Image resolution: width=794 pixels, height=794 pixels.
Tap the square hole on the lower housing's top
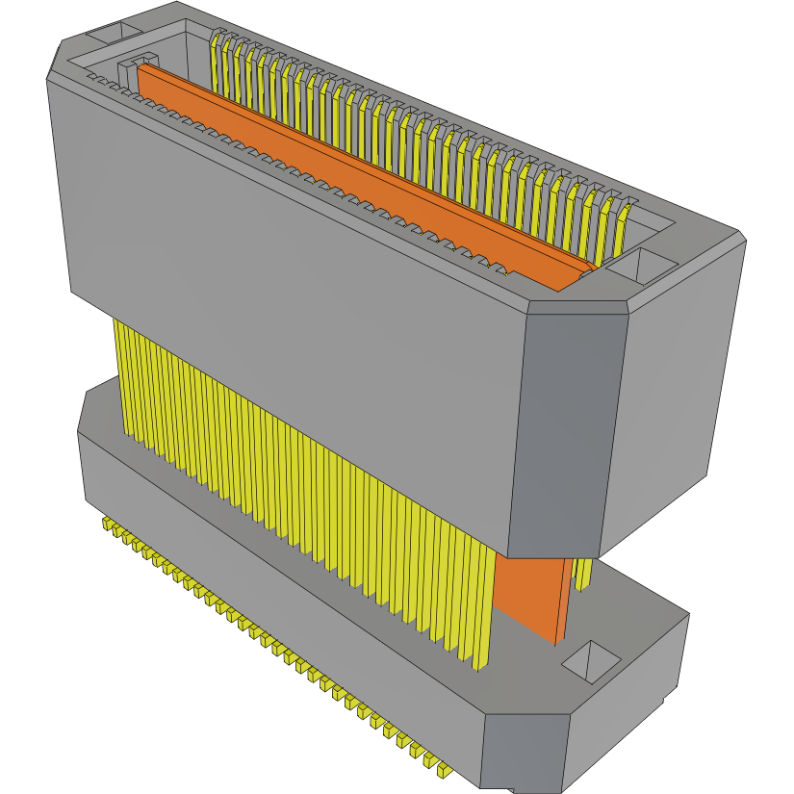[590, 661]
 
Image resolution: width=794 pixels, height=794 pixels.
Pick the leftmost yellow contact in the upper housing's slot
[218, 58]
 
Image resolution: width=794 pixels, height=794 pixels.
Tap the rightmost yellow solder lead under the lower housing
[443, 770]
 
